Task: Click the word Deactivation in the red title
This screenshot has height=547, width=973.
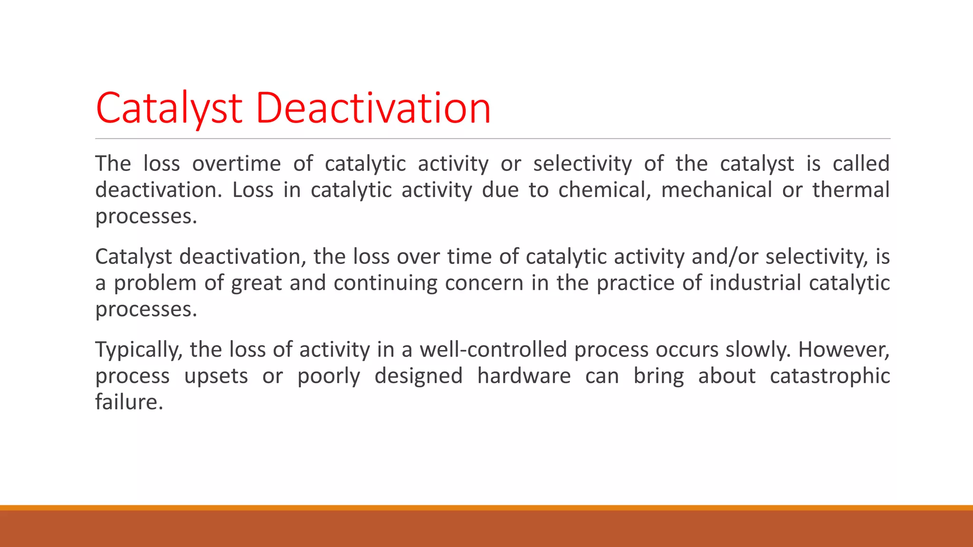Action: click(x=373, y=108)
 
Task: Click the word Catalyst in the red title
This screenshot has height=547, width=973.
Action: click(x=169, y=108)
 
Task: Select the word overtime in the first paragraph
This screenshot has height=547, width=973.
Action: click(x=236, y=164)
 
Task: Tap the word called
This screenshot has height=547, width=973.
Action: click(x=861, y=164)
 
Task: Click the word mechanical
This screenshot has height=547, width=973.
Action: click(x=716, y=190)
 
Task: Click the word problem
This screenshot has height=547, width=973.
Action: click(x=155, y=283)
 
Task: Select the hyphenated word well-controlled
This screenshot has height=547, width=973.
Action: click(x=493, y=350)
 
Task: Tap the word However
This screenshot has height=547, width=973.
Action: click(x=844, y=350)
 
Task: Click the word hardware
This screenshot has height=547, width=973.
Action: click(x=524, y=376)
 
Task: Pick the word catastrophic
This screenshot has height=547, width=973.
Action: click(x=830, y=376)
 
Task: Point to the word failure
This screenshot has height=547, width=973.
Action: click(x=129, y=402)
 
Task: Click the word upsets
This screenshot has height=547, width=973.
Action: click(x=216, y=376)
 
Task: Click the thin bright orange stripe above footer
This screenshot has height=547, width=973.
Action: click(x=486, y=508)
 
